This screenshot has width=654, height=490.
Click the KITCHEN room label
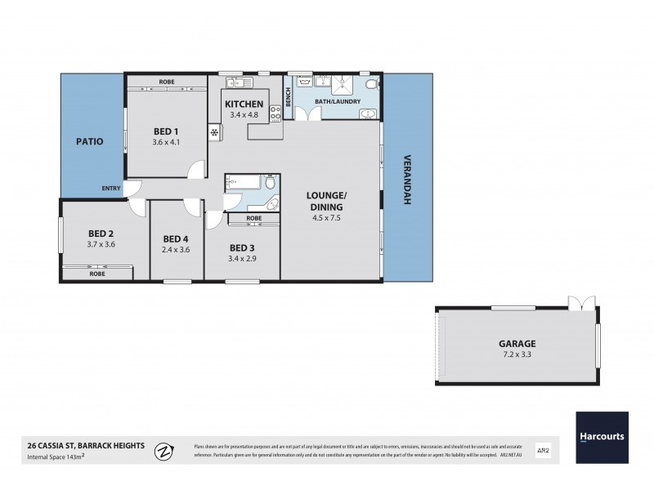(x=244, y=104)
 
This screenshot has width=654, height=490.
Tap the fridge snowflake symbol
(x=214, y=132)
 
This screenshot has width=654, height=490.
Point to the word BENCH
(x=289, y=97)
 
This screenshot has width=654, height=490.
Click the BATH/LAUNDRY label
(x=339, y=101)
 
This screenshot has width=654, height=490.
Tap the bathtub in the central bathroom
(x=242, y=181)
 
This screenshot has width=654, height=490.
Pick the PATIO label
(x=89, y=141)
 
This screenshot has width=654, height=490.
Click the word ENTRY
(x=110, y=189)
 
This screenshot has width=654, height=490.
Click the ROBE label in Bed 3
(x=253, y=218)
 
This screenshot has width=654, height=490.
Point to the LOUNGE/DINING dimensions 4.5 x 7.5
(x=327, y=218)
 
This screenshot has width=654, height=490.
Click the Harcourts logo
(x=602, y=436)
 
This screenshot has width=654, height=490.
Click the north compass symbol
(x=166, y=450)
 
